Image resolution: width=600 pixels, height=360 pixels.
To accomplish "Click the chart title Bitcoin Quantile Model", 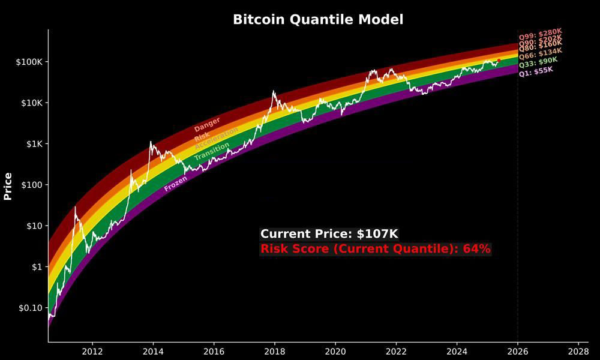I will pyautogui.click(x=318, y=19).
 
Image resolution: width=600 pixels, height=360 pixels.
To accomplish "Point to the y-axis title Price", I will pyautogui.click(x=8, y=186).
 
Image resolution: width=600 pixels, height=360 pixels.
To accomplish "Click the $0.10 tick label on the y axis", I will pyautogui.click(x=26, y=308).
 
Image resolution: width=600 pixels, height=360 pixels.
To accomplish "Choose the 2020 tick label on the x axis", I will pyautogui.click(x=335, y=350).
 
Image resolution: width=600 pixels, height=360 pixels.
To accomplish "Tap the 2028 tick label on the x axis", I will pyautogui.click(x=578, y=350).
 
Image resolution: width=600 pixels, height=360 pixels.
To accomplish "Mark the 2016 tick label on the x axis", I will pyautogui.click(x=214, y=350).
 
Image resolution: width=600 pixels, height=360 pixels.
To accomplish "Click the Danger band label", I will pyautogui.click(x=207, y=124).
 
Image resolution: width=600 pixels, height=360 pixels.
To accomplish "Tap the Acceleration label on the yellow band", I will pyautogui.click(x=216, y=138).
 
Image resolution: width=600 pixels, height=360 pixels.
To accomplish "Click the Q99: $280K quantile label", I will pyautogui.click(x=540, y=31).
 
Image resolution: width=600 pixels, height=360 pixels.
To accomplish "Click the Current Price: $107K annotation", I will pyautogui.click(x=329, y=234).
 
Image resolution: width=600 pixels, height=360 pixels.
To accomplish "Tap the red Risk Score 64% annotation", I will pyautogui.click(x=376, y=248).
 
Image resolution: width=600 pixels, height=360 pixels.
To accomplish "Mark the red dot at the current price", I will pyautogui.click(x=499, y=60).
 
